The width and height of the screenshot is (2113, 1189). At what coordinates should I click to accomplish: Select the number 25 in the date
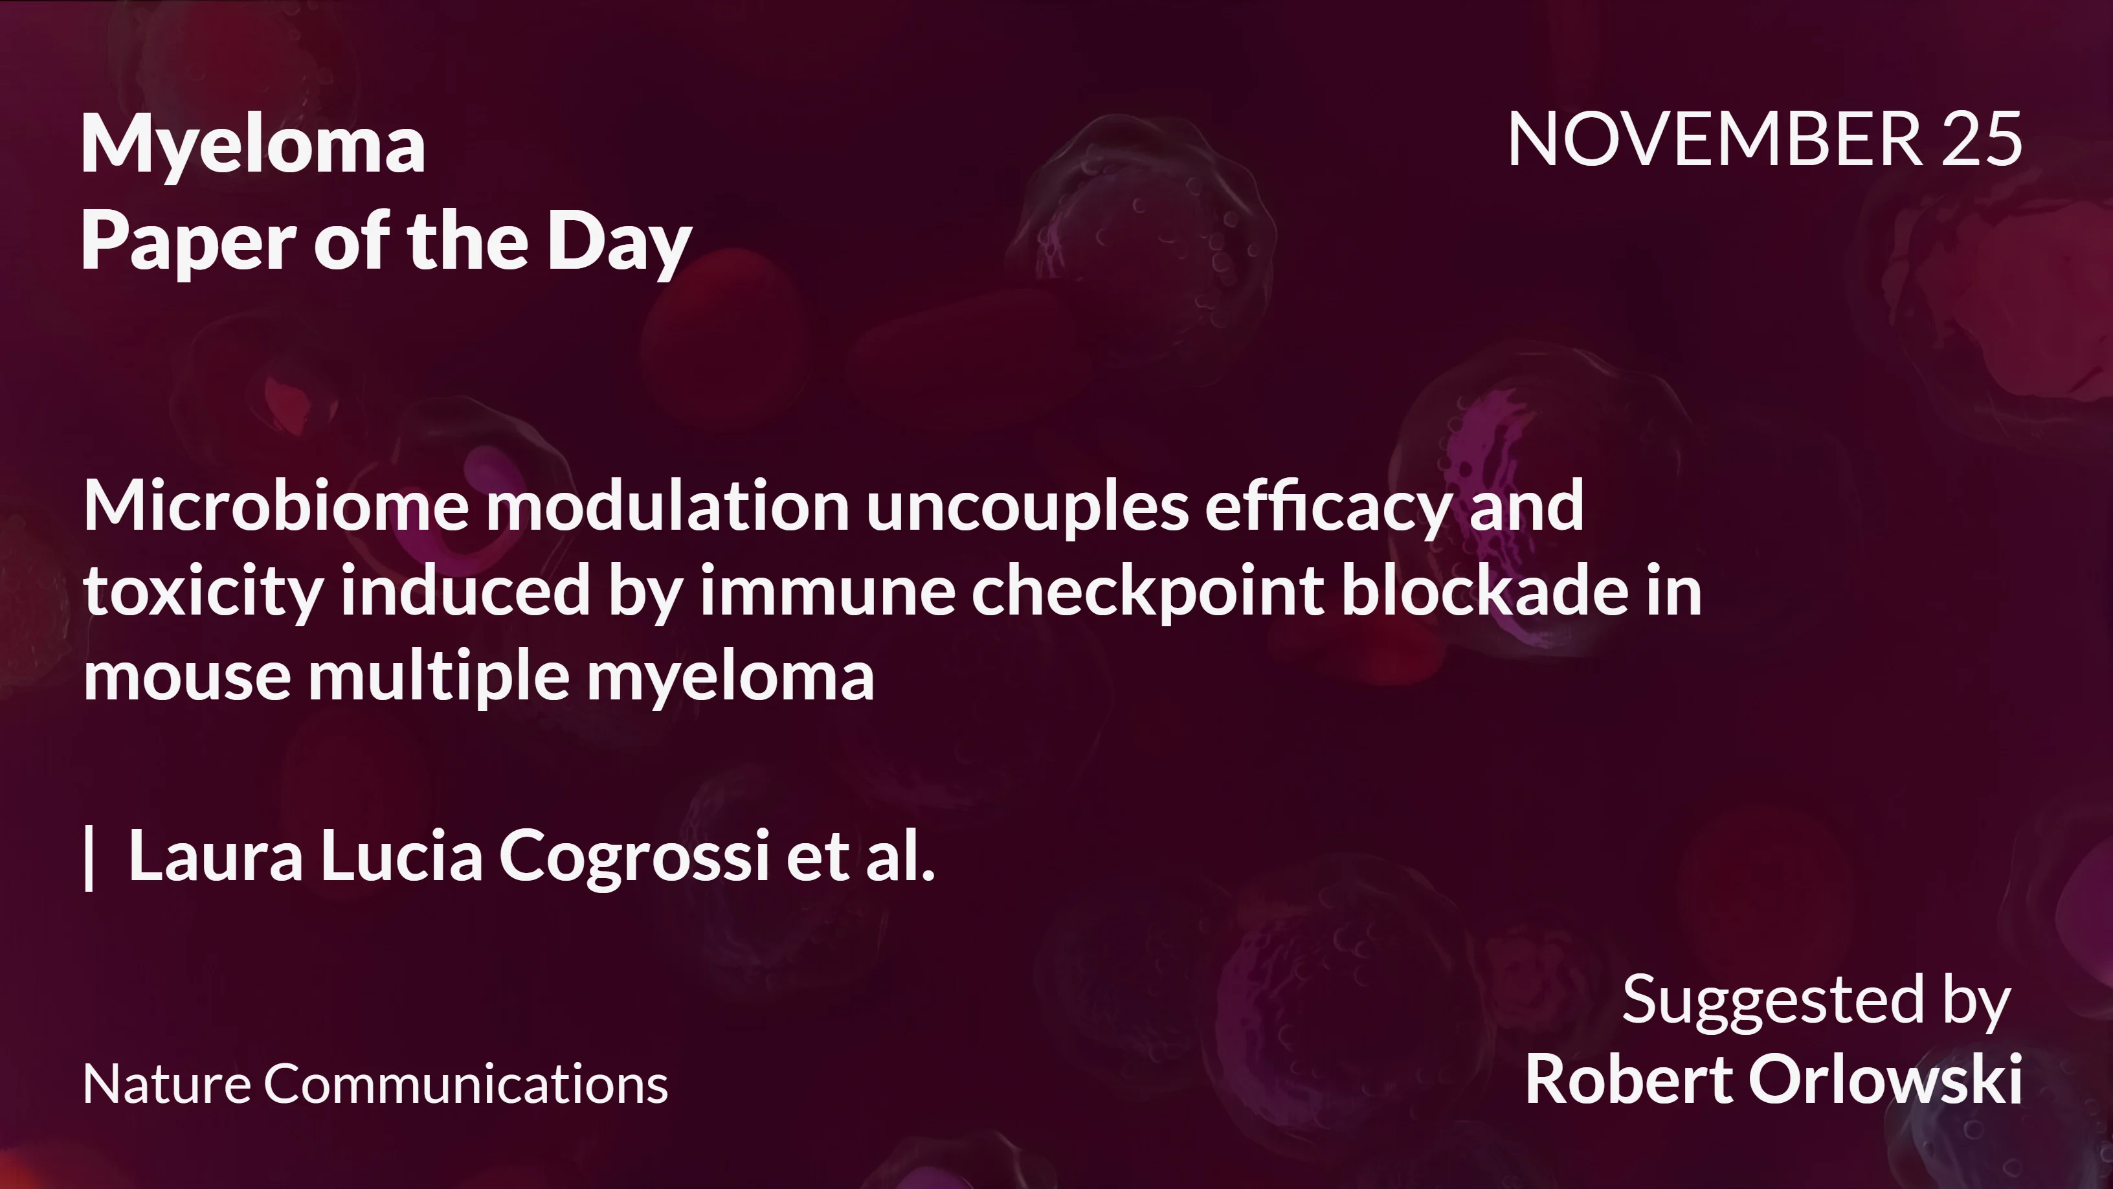coord(1982,139)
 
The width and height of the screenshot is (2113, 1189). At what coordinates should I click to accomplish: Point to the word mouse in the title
coord(187,677)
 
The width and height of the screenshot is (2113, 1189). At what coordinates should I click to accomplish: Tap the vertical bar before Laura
coord(89,857)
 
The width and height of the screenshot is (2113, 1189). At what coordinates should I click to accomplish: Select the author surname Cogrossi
coord(634,857)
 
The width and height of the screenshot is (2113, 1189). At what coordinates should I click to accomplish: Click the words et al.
coord(860,857)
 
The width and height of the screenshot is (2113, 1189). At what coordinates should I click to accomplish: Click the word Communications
coord(466,1084)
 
